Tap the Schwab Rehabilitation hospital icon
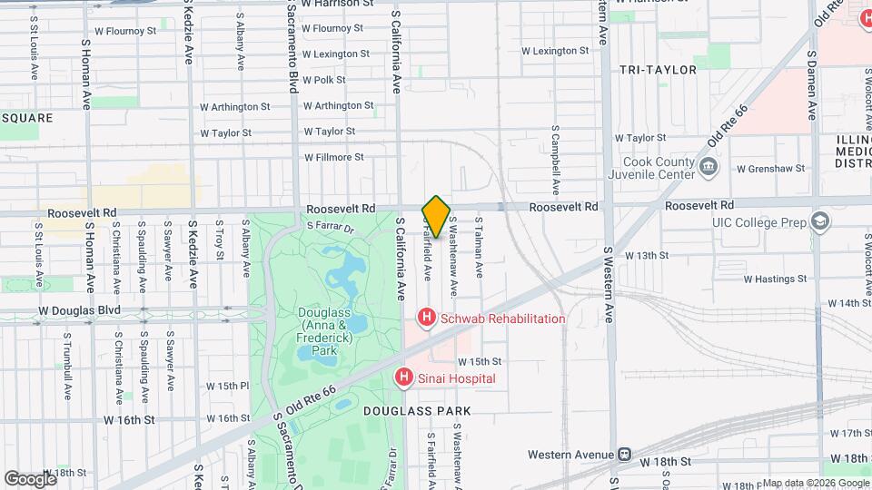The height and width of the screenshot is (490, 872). [x=424, y=318]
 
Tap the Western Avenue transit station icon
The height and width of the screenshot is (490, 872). [x=624, y=455]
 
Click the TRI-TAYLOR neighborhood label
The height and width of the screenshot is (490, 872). [x=658, y=70]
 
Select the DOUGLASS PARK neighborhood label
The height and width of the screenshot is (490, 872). [x=417, y=411]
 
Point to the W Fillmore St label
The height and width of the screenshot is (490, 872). [x=334, y=157]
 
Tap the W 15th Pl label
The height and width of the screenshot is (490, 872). [x=227, y=386]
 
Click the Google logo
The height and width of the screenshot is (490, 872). [x=30, y=478]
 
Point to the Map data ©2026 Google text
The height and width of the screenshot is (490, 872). [x=816, y=483]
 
